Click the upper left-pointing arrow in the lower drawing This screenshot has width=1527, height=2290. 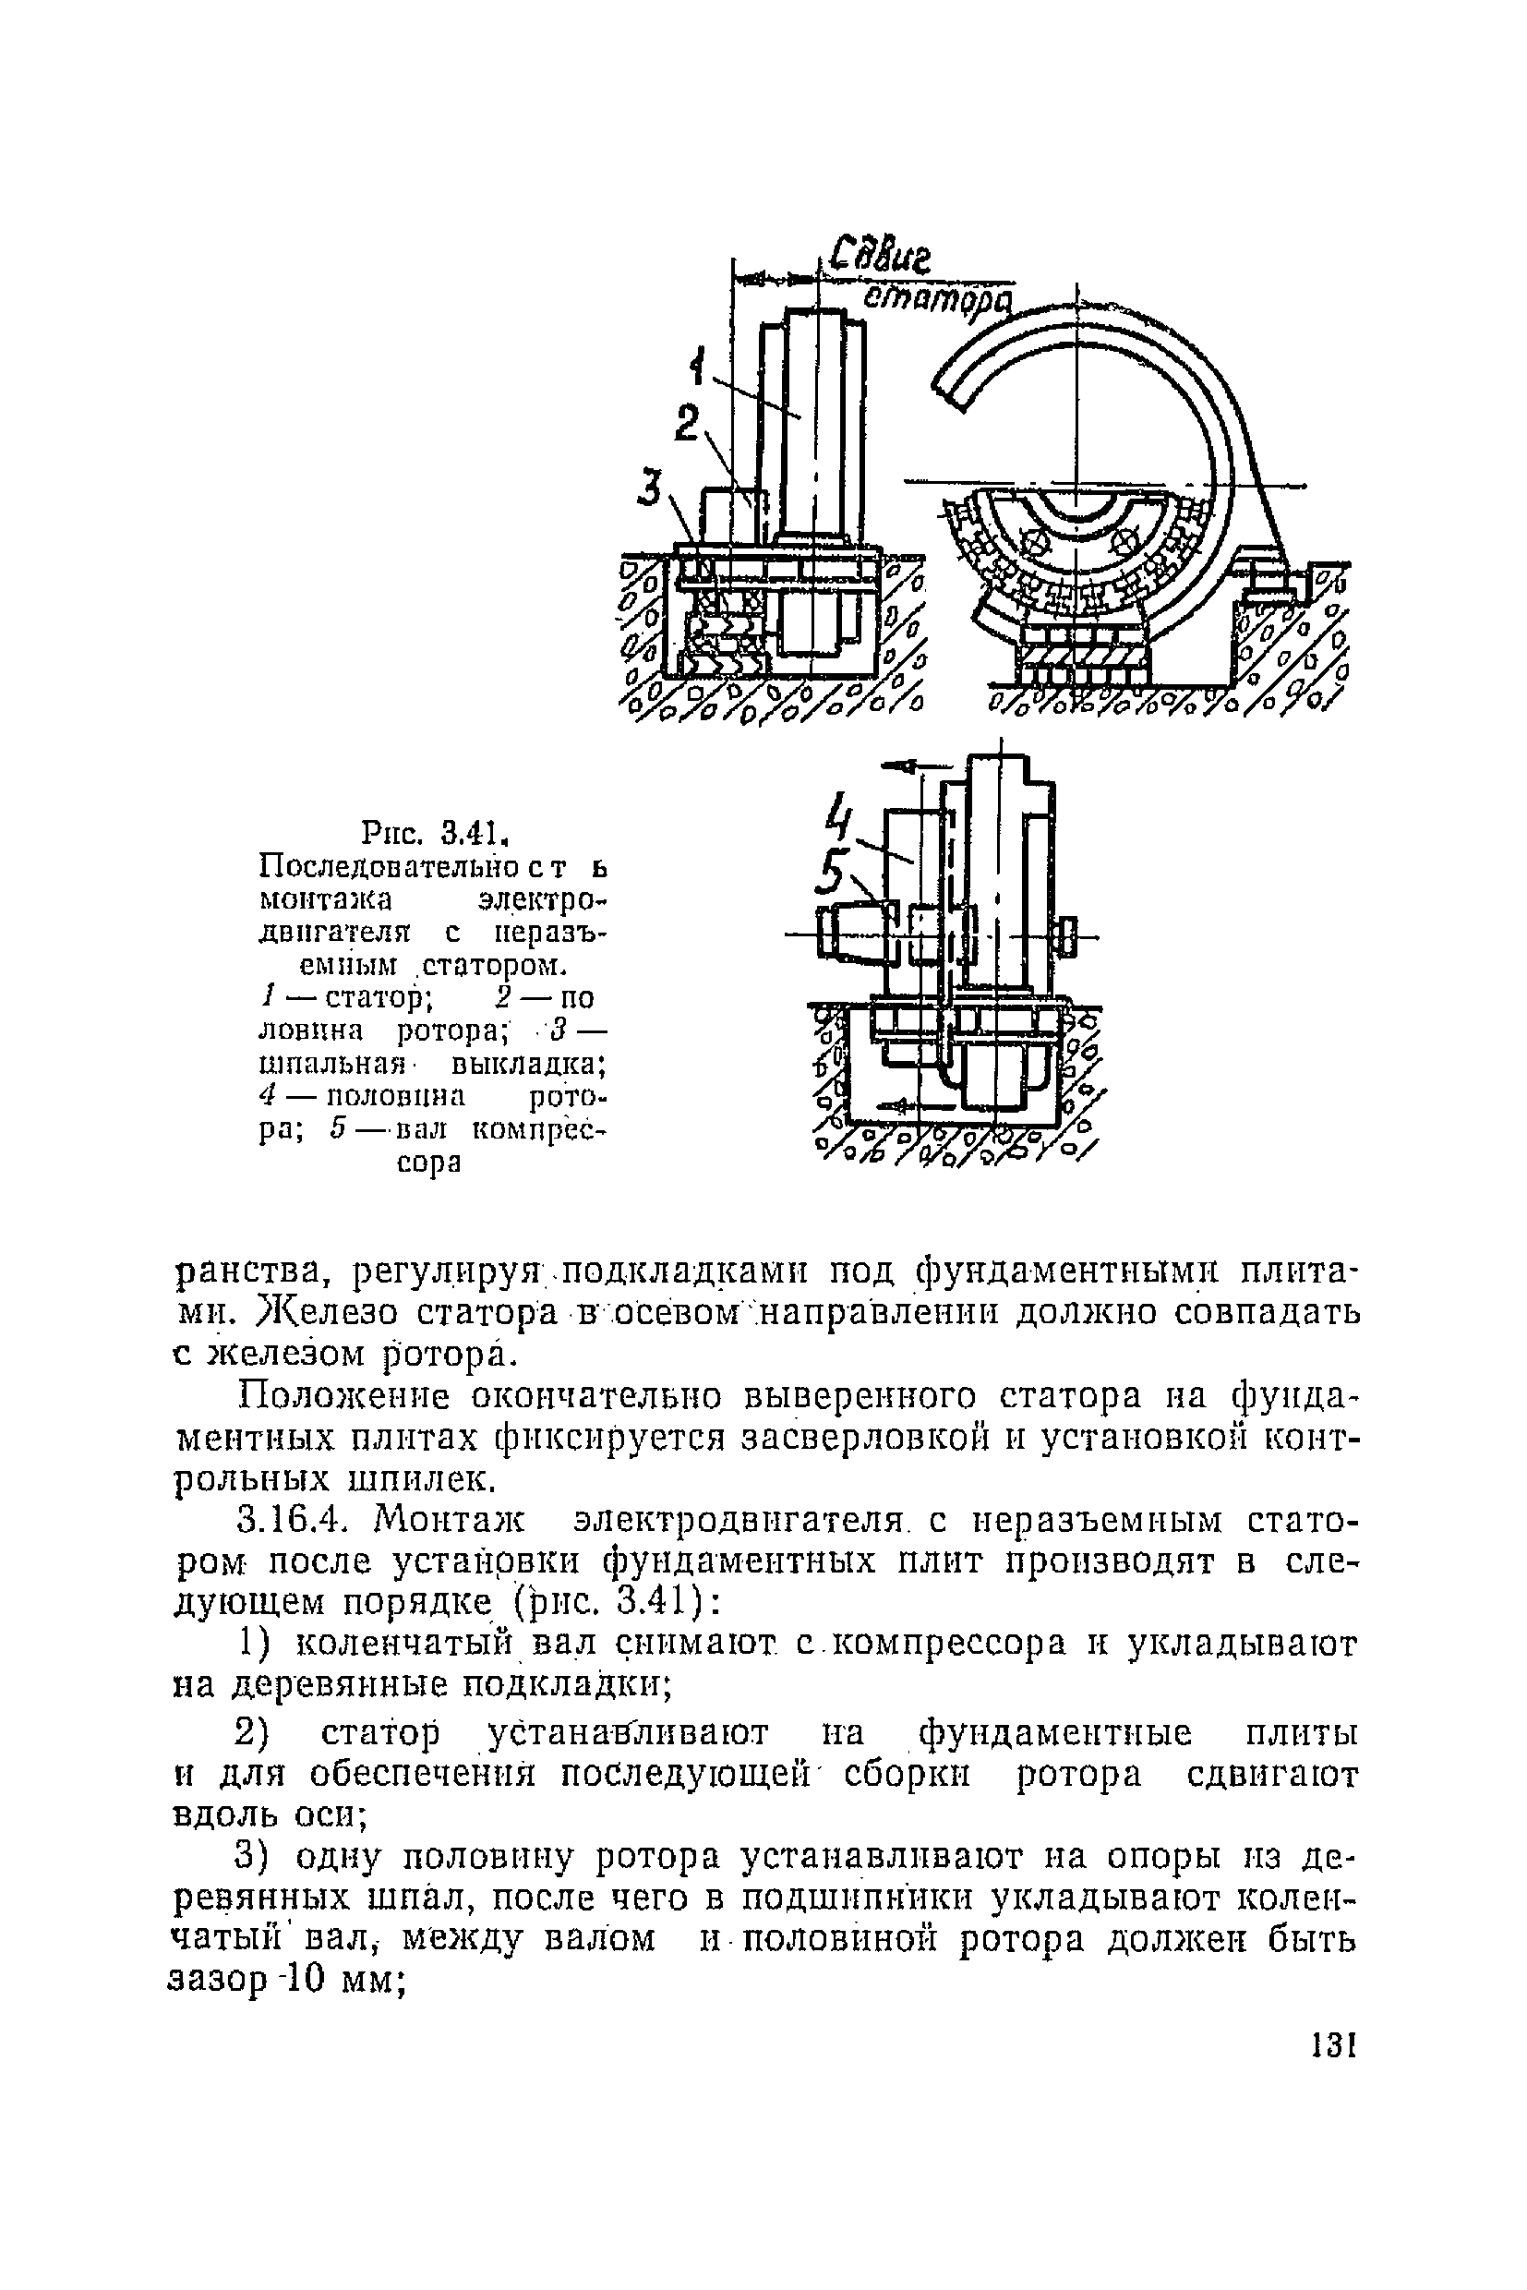coord(901,766)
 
